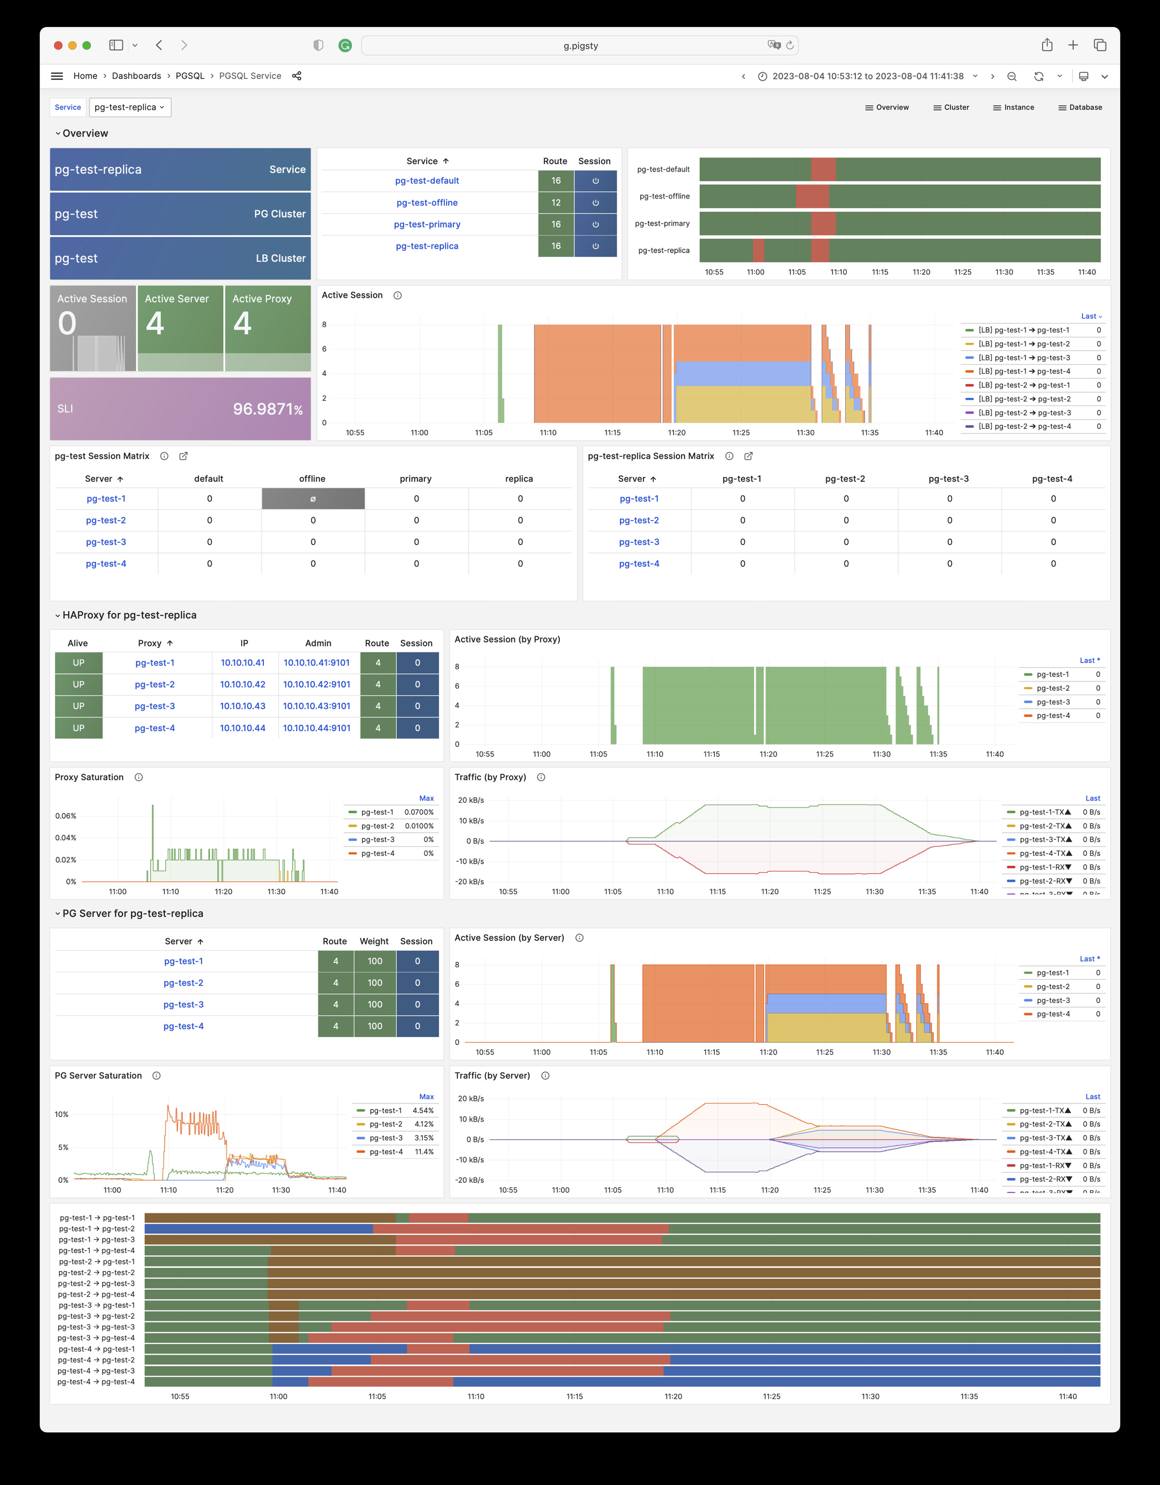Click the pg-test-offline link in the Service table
click(x=427, y=203)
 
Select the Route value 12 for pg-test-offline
click(x=555, y=203)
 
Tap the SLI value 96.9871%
click(x=267, y=408)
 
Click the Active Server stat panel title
click(x=177, y=298)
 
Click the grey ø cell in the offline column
click(x=313, y=498)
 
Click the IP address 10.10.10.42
click(x=243, y=684)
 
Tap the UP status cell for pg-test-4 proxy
click(x=79, y=728)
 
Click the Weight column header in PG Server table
click(x=374, y=941)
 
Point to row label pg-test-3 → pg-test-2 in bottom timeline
click(x=97, y=1316)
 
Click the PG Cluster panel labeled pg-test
click(x=180, y=214)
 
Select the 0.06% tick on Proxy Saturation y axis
click(x=66, y=815)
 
